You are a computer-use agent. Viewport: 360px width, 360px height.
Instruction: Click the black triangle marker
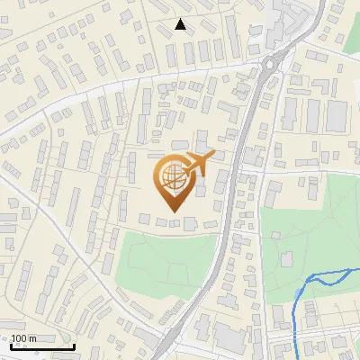(x=181, y=24)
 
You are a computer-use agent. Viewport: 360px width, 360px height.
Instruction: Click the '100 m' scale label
(x=24, y=338)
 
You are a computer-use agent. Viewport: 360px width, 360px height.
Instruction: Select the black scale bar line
(x=42, y=346)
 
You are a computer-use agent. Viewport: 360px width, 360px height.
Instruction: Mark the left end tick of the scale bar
(x=11, y=345)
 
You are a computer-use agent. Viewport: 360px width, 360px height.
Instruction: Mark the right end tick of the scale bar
(x=74, y=345)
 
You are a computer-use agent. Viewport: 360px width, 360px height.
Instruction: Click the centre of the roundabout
(x=272, y=63)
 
